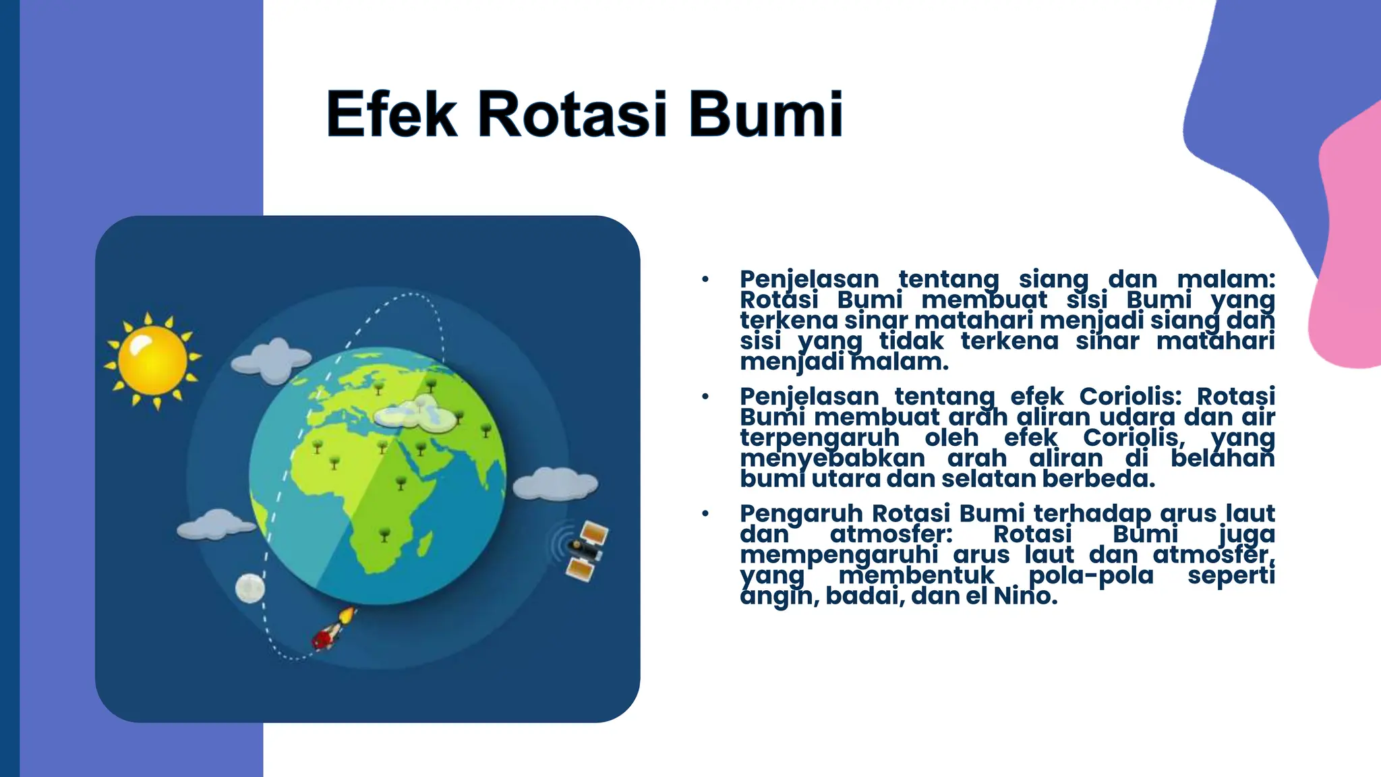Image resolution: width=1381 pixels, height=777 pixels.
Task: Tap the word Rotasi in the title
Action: [572, 114]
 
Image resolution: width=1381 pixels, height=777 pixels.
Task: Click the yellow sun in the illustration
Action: [152, 360]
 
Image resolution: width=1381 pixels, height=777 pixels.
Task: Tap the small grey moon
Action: [249, 587]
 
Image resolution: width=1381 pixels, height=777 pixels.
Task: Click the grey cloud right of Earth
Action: [556, 484]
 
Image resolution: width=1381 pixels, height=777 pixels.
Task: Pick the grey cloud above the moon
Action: [215, 525]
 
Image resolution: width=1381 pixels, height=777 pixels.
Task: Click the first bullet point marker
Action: [705, 279]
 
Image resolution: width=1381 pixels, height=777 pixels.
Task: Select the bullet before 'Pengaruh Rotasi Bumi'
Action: [705, 514]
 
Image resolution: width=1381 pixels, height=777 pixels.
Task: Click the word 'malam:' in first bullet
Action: [1225, 279]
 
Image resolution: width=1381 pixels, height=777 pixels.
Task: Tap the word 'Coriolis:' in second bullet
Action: [1130, 396]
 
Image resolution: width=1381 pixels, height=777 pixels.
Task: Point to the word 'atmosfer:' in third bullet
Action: [891, 534]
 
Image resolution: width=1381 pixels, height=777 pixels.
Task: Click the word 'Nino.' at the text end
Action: [1025, 596]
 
